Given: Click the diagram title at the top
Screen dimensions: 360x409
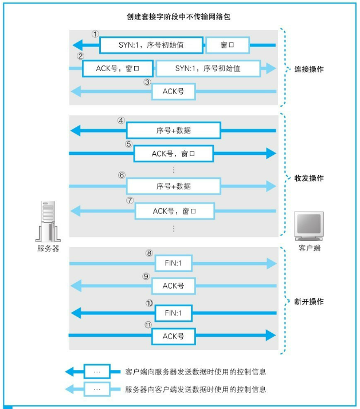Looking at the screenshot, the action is click(x=178, y=17).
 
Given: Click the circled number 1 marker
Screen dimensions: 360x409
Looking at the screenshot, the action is click(x=95, y=34).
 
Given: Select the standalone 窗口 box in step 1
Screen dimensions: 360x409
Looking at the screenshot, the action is click(x=228, y=45).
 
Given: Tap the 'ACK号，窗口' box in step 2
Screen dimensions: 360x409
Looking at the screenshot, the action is click(x=118, y=68).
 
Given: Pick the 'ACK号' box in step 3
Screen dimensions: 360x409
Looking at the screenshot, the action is click(x=174, y=92).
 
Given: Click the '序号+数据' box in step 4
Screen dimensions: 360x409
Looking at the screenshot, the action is click(x=174, y=130).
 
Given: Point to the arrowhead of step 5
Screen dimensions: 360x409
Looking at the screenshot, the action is click(x=271, y=153).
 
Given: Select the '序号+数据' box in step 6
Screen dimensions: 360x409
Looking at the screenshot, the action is click(x=174, y=186).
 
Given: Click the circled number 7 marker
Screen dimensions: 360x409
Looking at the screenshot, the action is click(x=130, y=200).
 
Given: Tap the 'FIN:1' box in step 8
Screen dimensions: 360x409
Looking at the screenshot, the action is click(x=174, y=263).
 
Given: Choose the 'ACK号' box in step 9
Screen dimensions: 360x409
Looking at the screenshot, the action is click(x=174, y=286).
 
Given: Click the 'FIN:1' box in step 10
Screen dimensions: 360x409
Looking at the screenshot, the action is click(x=174, y=313).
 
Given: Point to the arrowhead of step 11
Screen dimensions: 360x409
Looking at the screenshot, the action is click(x=271, y=335).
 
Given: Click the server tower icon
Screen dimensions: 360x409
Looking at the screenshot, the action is click(x=48, y=221).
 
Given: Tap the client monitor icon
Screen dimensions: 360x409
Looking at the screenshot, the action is click(x=309, y=226).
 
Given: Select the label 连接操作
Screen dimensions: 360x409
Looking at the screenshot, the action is click(x=309, y=69).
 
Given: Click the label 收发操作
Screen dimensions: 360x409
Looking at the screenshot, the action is click(x=309, y=178).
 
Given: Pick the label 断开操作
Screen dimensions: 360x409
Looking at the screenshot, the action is click(x=309, y=302).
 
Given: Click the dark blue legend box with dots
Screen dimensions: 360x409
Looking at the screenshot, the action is click(x=97, y=372).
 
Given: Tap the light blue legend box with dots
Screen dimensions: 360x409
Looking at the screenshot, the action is click(x=97, y=389).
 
